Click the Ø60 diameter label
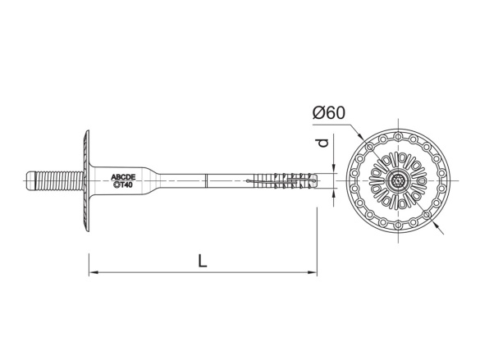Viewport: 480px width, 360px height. (x=327, y=114)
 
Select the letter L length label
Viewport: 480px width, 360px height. (x=202, y=260)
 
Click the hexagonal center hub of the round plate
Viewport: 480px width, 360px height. (x=398, y=180)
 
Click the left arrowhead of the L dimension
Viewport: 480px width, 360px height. (x=93, y=271)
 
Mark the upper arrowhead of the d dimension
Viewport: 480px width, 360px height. (x=333, y=170)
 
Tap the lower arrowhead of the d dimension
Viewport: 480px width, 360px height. (x=333, y=194)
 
